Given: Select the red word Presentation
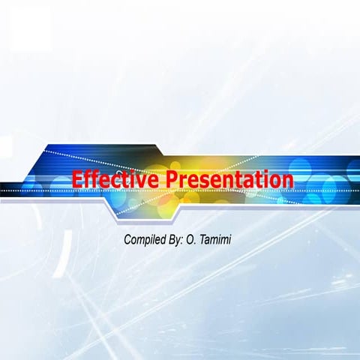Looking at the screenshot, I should (229, 180).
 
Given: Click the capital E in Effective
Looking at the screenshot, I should (78, 180).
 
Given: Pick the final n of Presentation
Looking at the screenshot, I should (286, 181).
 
